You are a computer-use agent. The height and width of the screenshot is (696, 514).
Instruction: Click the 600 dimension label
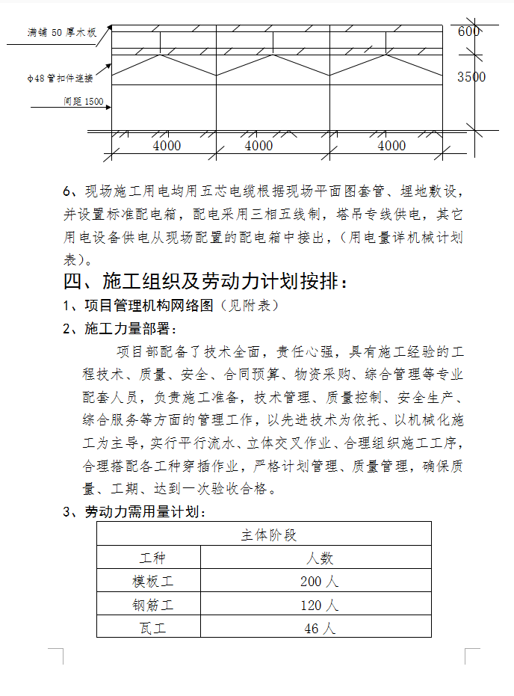(468, 31)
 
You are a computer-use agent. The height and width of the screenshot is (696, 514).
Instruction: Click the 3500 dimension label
(471, 77)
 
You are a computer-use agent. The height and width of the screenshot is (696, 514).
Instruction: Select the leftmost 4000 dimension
(167, 146)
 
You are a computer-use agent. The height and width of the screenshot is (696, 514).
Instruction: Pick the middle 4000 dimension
(258, 146)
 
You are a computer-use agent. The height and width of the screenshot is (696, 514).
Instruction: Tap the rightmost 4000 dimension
(391, 146)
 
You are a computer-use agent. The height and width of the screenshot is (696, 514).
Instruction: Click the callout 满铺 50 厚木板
(62, 34)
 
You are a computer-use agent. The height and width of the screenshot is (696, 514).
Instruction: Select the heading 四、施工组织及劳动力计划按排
(205, 282)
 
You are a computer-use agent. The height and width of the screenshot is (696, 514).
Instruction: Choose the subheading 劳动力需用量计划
(142, 512)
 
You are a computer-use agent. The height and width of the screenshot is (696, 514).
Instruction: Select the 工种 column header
(152, 558)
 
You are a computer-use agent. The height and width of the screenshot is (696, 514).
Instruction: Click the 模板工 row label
(152, 582)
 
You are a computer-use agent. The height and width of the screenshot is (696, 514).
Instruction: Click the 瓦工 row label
(152, 628)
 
